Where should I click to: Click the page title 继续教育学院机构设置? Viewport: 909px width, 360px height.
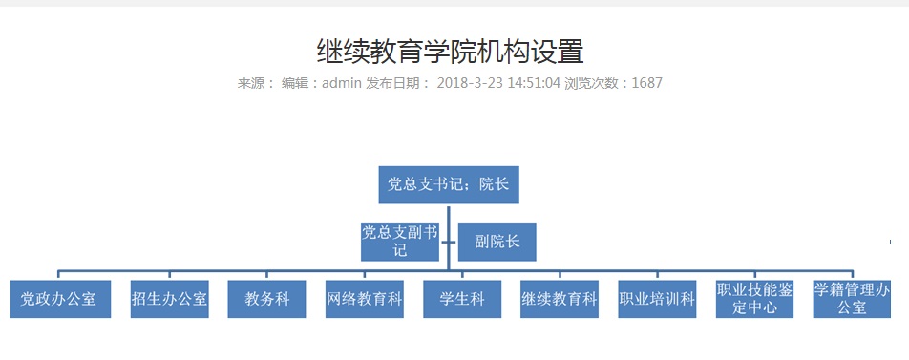pos(450,51)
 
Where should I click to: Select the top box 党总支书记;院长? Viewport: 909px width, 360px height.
pos(448,184)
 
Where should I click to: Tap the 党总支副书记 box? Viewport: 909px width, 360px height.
pos(400,242)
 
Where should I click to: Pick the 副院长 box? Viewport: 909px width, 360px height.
pos(497,242)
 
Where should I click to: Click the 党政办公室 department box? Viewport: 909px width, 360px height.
pos(59,299)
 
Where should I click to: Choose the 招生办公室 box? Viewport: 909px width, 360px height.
pos(170,299)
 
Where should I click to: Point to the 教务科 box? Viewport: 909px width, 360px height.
pos(266,299)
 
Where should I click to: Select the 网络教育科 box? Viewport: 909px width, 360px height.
pos(364,299)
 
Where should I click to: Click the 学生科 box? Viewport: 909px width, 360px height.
pos(462,299)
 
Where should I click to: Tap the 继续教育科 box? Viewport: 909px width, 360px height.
pos(560,299)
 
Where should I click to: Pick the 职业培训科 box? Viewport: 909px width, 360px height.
pos(657,299)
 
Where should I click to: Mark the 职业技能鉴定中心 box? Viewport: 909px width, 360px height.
pos(754,299)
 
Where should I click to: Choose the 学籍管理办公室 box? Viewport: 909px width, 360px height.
pos(852,299)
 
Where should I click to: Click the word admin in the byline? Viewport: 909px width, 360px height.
pos(342,83)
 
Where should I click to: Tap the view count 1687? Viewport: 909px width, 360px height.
pos(646,83)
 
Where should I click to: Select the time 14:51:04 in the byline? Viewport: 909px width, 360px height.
pos(535,83)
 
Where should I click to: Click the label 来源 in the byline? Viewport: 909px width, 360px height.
pos(253,83)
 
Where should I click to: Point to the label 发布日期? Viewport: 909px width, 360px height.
pos(396,83)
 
